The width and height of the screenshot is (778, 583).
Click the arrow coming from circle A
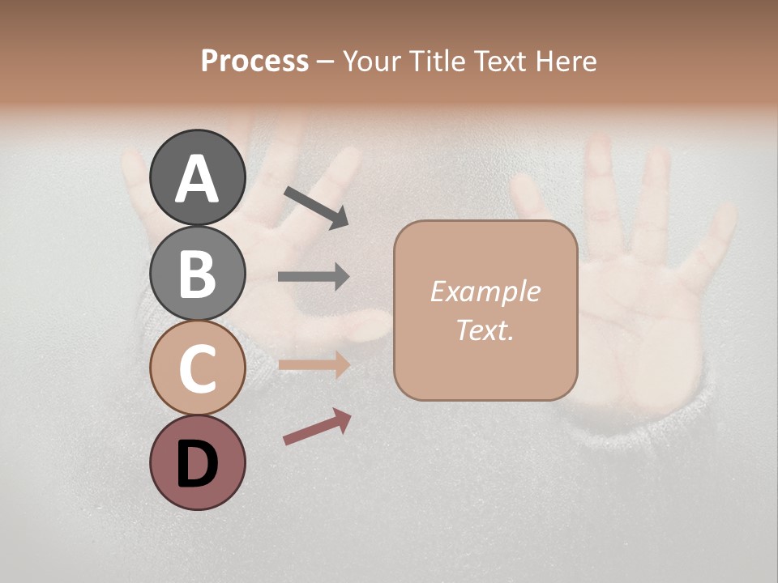point(316,206)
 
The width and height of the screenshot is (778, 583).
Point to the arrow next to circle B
point(314,277)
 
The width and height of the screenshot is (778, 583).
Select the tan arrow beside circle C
point(314,365)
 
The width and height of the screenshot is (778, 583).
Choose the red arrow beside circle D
point(317,427)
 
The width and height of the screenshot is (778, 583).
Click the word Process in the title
point(254,61)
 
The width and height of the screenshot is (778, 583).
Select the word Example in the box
point(485,291)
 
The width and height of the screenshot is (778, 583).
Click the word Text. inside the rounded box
point(485,330)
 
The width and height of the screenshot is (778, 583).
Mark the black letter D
point(197,464)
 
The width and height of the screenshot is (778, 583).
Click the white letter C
point(197,368)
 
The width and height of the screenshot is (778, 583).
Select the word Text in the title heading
point(496,61)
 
